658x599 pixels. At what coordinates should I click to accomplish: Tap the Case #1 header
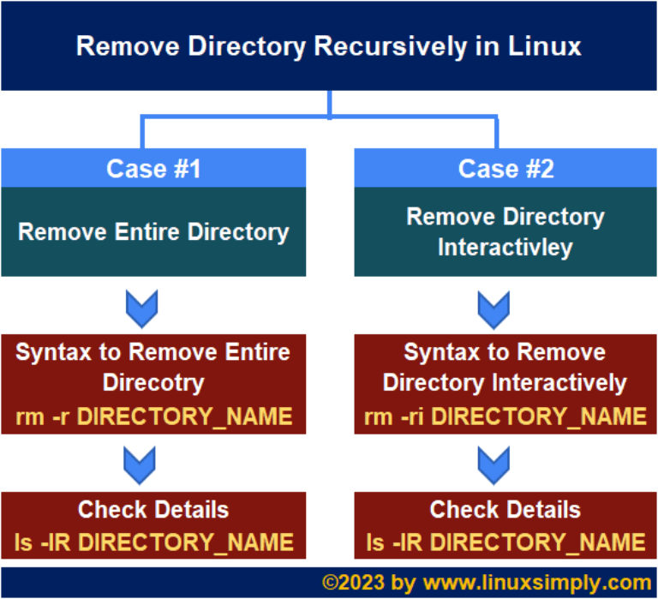point(153,168)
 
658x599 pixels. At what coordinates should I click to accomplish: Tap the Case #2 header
point(505,168)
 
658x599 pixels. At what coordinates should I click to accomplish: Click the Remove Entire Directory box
point(153,231)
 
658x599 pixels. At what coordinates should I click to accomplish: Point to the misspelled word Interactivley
point(505,248)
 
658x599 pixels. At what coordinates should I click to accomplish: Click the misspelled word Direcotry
point(153,381)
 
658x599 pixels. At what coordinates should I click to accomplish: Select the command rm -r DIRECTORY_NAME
point(153,417)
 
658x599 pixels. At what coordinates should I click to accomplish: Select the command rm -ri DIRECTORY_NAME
point(505,417)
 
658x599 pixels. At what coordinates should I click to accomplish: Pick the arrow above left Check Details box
point(141,464)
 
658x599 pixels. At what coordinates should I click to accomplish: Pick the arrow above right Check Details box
point(493,464)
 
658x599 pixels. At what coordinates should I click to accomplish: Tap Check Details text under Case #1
point(153,510)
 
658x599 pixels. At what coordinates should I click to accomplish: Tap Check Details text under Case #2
point(505,510)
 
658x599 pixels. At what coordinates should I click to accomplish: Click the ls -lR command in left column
point(153,542)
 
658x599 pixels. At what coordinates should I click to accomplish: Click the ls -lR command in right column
point(505,542)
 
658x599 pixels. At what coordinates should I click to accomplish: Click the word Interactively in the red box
point(565,381)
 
